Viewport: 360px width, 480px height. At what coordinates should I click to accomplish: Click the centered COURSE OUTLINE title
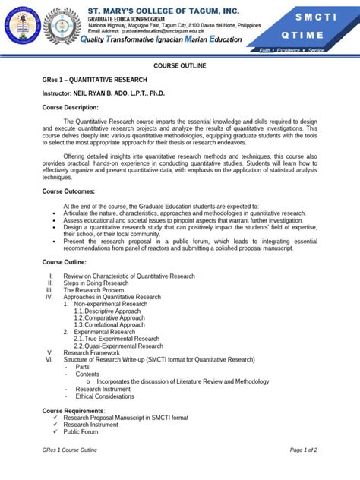(x=180, y=66)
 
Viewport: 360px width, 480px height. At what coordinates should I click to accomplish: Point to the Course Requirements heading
(x=73, y=410)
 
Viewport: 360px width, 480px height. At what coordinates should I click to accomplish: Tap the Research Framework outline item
(x=91, y=352)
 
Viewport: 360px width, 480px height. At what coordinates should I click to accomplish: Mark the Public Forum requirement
(x=81, y=431)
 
